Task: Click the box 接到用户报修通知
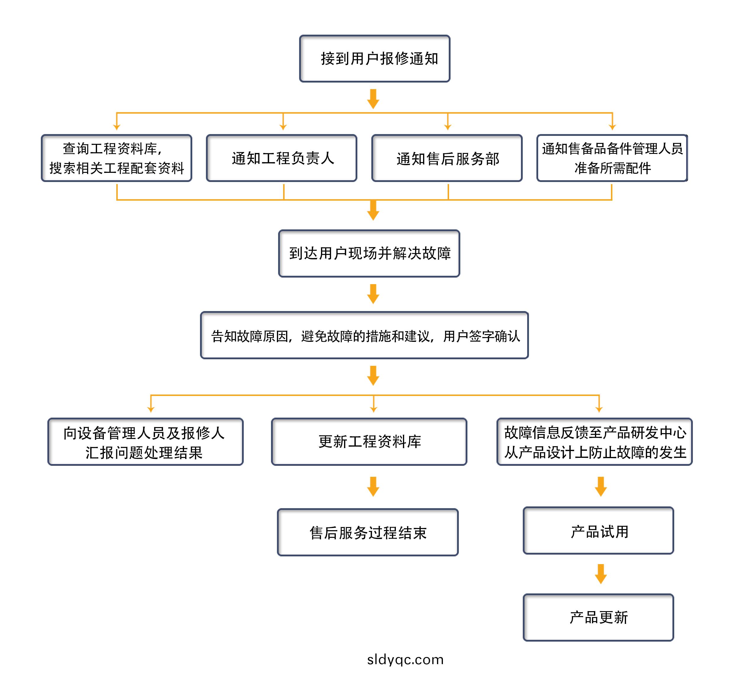tap(375, 59)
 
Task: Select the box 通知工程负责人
tap(281, 158)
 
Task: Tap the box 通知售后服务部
tap(447, 158)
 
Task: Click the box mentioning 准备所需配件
tap(612, 158)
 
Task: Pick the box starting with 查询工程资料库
tap(117, 158)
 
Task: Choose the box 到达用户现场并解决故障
tap(369, 253)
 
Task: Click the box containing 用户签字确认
tap(364, 335)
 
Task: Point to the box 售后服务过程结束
tap(368, 532)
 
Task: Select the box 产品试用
tap(599, 531)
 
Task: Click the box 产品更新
tap(599, 618)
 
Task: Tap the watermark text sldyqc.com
tap(405, 659)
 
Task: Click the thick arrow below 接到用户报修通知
tap(373, 99)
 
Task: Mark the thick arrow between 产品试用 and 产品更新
tap(601, 574)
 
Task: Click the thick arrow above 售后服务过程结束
tap(373, 487)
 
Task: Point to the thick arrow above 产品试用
tap(601, 487)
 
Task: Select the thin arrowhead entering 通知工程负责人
tap(283, 127)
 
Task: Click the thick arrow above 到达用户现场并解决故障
tap(373, 210)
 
